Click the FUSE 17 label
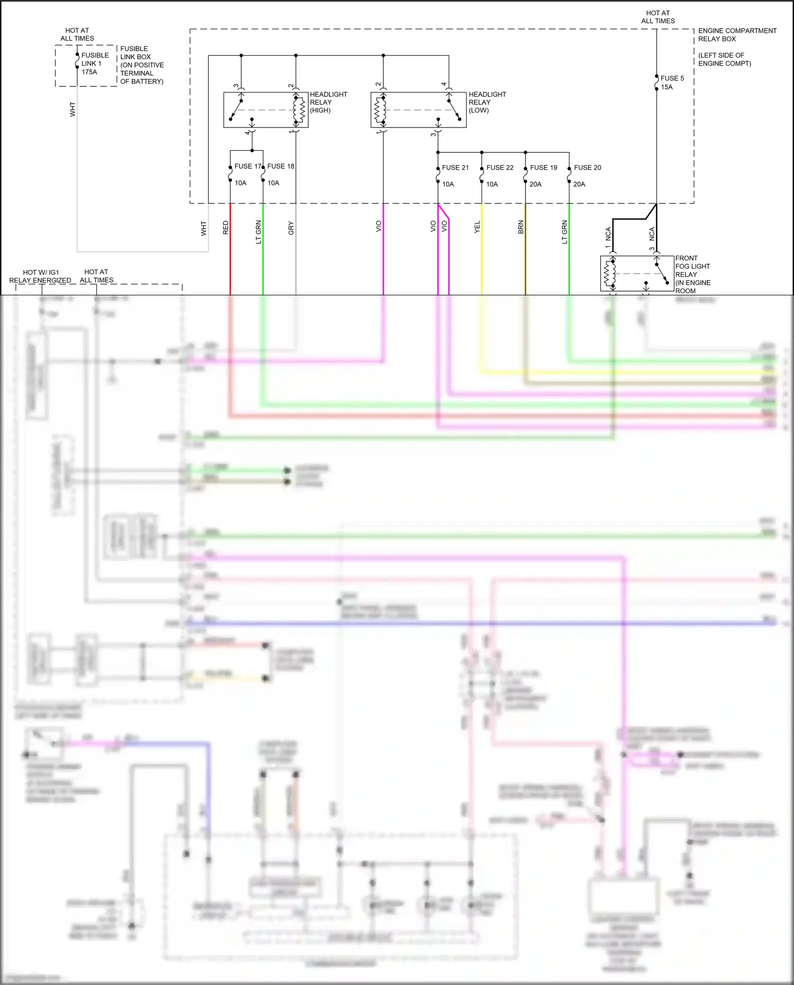(x=247, y=166)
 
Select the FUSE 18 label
(x=281, y=166)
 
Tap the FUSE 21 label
(x=456, y=168)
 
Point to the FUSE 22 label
(x=500, y=168)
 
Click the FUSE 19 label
(x=543, y=168)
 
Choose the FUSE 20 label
(x=587, y=168)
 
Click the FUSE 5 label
(x=672, y=78)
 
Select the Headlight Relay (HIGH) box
(x=265, y=110)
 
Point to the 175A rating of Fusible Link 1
(x=90, y=72)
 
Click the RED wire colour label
(x=226, y=228)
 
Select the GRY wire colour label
(x=291, y=228)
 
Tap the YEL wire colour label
(x=477, y=227)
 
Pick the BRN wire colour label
(x=521, y=228)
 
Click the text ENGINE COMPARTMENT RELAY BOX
(x=737, y=35)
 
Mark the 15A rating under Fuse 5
(x=666, y=87)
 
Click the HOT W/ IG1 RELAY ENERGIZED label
(x=40, y=276)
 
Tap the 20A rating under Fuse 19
(x=536, y=184)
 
